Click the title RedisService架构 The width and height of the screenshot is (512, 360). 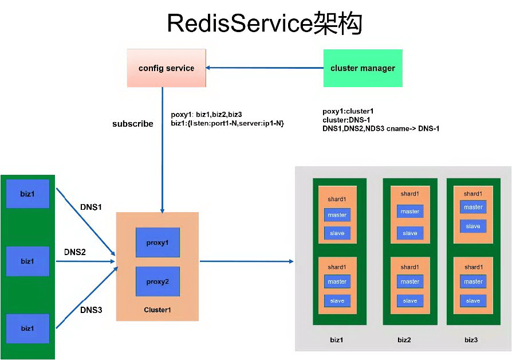pos(265,24)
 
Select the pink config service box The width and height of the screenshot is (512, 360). pos(167,68)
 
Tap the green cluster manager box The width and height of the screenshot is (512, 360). pos(363,68)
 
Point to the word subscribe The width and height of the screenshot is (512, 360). pos(132,124)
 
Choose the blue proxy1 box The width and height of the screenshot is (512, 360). pos(157,242)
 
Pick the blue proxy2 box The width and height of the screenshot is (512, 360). pos(157,281)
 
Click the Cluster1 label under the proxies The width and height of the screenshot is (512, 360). pos(157,310)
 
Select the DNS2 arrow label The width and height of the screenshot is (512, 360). pos(75,252)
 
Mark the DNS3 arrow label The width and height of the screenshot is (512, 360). pos(91,310)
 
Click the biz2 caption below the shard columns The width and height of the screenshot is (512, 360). pos(404,340)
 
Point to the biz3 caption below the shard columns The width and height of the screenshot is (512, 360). pos(471,340)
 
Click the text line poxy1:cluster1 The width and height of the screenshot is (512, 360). pos(348,111)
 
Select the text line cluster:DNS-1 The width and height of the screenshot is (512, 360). pos(346,120)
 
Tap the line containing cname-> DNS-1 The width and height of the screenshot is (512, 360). pos(381,128)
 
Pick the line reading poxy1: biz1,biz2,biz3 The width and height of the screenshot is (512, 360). pos(210,115)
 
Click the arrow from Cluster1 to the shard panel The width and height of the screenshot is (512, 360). pos(246,261)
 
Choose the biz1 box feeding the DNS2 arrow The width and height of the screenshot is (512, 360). pos(27,261)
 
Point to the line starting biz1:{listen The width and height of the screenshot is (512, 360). pos(227,123)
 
